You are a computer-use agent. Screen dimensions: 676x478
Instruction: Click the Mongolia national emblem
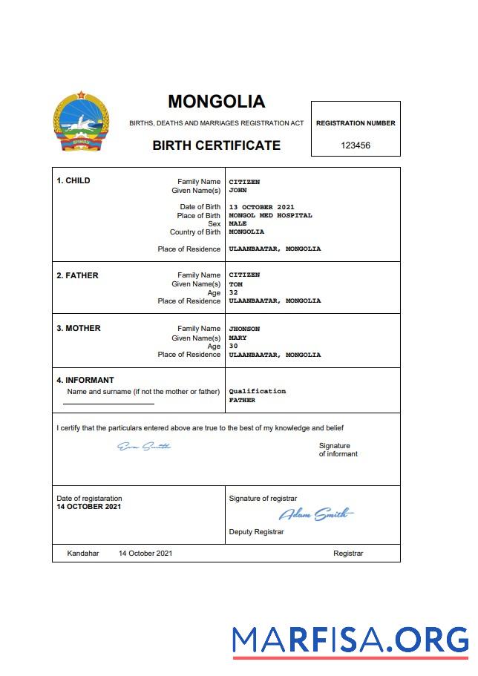click(x=81, y=122)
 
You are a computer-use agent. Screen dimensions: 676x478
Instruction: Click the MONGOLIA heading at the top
click(x=216, y=102)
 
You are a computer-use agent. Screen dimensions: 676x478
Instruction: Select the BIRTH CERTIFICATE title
click(x=216, y=145)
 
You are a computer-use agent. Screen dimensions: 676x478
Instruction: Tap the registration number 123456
click(x=356, y=145)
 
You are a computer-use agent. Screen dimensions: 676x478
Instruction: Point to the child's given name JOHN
click(x=238, y=190)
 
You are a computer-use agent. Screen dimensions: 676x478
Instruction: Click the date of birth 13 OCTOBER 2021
click(x=261, y=207)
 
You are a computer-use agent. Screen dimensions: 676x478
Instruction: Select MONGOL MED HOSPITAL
click(x=270, y=215)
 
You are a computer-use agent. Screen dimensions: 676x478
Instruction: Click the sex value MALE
click(x=238, y=223)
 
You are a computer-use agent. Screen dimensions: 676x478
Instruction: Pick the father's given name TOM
click(x=235, y=283)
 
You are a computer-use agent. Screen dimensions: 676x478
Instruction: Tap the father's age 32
click(x=233, y=292)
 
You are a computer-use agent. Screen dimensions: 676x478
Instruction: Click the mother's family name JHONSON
click(x=244, y=329)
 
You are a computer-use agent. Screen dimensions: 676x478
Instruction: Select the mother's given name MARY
click(x=238, y=338)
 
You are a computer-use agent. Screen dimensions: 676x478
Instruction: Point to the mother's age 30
click(x=233, y=346)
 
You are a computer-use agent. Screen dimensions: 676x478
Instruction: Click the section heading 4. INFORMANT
click(x=85, y=380)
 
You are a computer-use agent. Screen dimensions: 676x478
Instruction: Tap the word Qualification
click(x=257, y=391)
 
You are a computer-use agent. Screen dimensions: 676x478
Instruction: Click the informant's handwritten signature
click(x=144, y=446)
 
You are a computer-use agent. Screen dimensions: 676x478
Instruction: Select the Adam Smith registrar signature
click(x=315, y=514)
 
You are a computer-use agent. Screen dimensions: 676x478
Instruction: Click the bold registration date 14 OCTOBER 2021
click(x=88, y=507)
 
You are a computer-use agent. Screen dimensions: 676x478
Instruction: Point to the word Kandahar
click(x=82, y=554)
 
